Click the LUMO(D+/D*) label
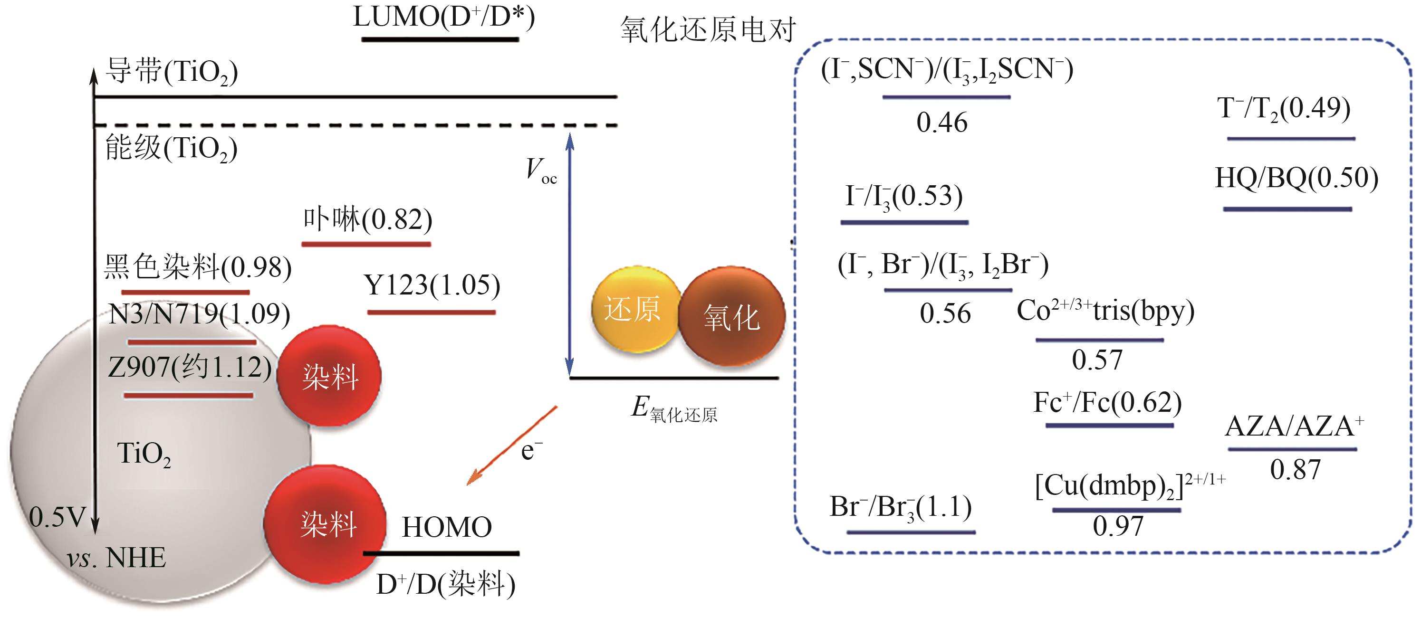tap(443, 18)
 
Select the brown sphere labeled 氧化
tap(731, 317)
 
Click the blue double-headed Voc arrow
tap(570, 254)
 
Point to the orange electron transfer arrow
tap(512, 446)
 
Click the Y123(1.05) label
tap(432, 285)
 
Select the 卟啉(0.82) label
tap(367, 219)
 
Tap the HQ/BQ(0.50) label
tap(1296, 178)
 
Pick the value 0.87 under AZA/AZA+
tap(1295, 470)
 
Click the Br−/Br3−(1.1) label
tap(900, 507)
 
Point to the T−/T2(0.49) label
tap(1284, 108)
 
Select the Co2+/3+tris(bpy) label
tap(1105, 311)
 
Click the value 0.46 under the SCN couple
tap(941, 123)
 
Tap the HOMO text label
tap(447, 527)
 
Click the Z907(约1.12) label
tap(190, 367)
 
